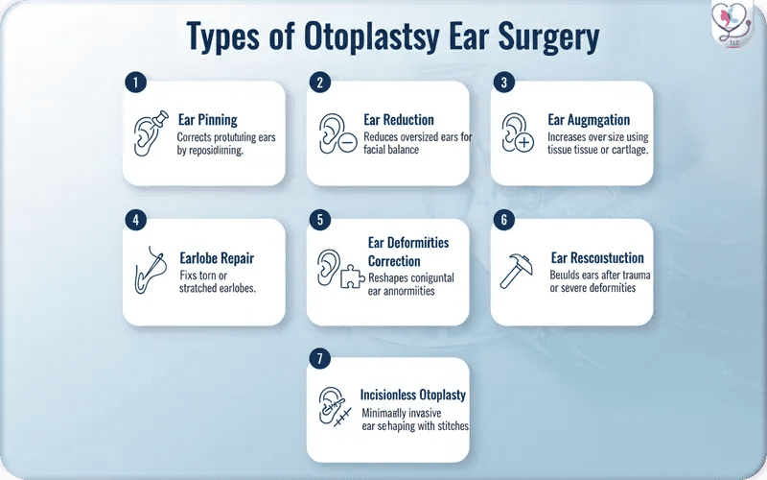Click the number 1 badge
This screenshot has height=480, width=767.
(x=135, y=83)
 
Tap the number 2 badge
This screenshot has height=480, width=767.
(x=319, y=83)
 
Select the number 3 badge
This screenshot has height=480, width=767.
(x=503, y=83)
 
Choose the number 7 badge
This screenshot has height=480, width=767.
(x=319, y=359)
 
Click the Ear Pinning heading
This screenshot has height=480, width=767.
(x=208, y=120)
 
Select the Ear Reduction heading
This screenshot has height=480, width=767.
(x=399, y=120)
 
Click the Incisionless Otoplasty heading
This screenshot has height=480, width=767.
(x=412, y=395)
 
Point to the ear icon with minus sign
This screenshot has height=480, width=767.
(x=337, y=133)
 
